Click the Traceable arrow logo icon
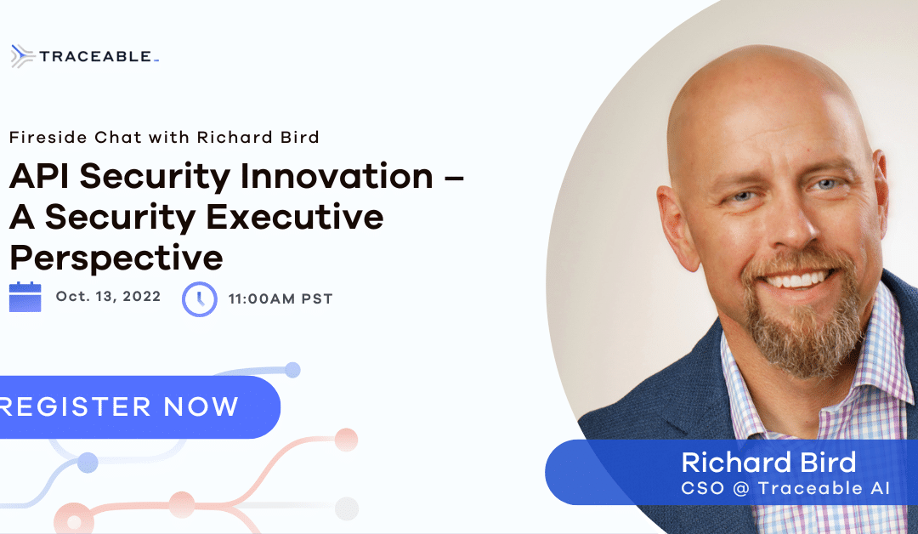pyautogui.click(x=22, y=56)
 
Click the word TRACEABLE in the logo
pyautogui.click(x=95, y=56)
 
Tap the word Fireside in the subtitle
pyautogui.click(x=48, y=137)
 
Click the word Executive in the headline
pyautogui.click(x=294, y=217)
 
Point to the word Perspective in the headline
pyautogui.click(x=116, y=258)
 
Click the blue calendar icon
pyautogui.click(x=25, y=297)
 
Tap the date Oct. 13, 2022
pyautogui.click(x=108, y=296)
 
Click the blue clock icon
pyautogui.click(x=200, y=299)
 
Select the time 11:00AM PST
pyautogui.click(x=280, y=298)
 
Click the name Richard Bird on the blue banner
pyautogui.click(x=768, y=462)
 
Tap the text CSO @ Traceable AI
pyautogui.click(x=785, y=488)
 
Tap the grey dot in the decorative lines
pyautogui.click(x=347, y=508)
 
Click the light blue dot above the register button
pyautogui.click(x=292, y=370)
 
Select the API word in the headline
pyautogui.click(x=39, y=176)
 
